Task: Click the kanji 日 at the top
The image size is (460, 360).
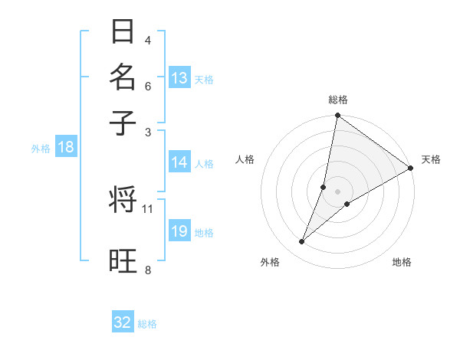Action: pyautogui.click(x=123, y=32)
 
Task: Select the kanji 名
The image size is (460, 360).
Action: pyautogui.click(x=123, y=77)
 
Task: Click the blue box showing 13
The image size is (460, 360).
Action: pyautogui.click(x=179, y=78)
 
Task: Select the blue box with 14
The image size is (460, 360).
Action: pyautogui.click(x=179, y=162)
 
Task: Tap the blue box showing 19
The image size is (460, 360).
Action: pyautogui.click(x=179, y=231)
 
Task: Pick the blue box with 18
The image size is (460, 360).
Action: pyautogui.click(x=66, y=148)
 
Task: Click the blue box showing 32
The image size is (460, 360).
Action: pyautogui.click(x=123, y=322)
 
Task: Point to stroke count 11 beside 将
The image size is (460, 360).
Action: pyautogui.click(x=148, y=208)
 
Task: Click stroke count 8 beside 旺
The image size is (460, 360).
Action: pyautogui.click(x=148, y=269)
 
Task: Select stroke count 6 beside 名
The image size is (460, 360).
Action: pyautogui.click(x=148, y=86)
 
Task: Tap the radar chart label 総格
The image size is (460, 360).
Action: pyautogui.click(x=338, y=100)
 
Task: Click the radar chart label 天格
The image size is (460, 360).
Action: pyautogui.click(x=431, y=159)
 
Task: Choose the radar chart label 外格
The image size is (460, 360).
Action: pyautogui.click(x=270, y=263)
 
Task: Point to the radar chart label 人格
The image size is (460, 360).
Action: pyautogui.click(x=245, y=159)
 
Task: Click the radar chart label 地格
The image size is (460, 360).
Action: pyautogui.click(x=402, y=263)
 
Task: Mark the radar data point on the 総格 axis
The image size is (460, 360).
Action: pyautogui.click(x=337, y=116)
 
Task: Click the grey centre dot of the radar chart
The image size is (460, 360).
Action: pyautogui.click(x=338, y=191)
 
